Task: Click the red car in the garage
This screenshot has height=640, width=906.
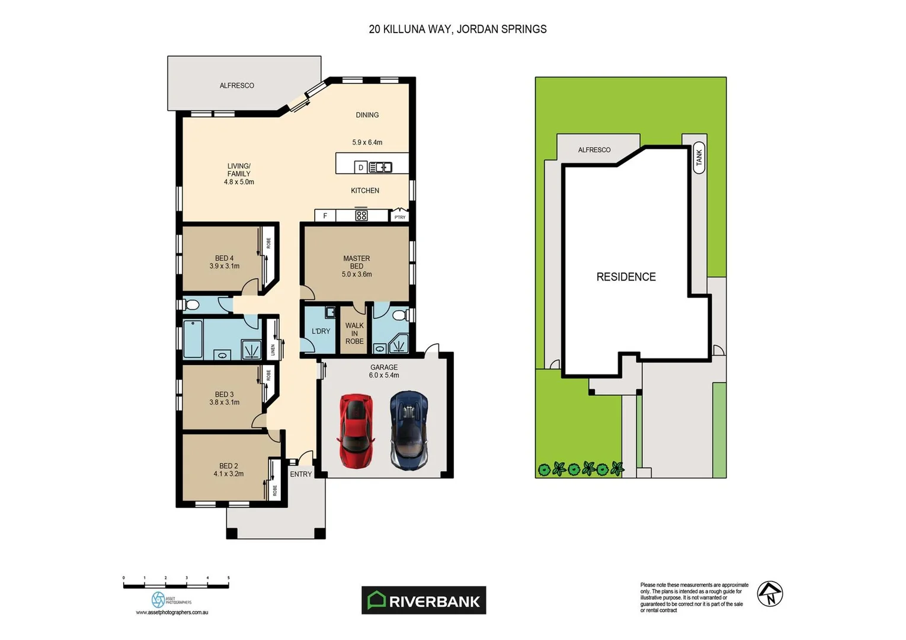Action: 356,431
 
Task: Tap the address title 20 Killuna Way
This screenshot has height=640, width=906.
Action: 457,29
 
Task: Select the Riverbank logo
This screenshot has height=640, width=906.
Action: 424,600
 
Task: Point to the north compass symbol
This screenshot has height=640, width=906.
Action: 770,594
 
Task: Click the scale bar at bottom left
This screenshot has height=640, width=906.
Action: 176,585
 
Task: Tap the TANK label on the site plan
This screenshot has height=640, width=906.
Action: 699,158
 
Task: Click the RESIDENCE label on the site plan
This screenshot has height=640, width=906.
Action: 626,277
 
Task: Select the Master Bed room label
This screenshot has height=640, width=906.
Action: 357,263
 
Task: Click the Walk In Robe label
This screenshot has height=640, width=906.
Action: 354,333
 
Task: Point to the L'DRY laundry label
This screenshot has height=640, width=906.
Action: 321,331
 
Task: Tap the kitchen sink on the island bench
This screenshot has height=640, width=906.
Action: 380,168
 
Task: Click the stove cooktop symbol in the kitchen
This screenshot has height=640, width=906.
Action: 361,216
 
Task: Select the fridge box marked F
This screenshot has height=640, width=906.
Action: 325,216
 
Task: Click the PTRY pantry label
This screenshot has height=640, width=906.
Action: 400,217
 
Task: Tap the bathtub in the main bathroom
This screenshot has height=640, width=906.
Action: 193,340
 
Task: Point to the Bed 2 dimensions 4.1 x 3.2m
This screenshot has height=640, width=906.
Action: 229,474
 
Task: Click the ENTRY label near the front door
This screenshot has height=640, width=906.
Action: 301,474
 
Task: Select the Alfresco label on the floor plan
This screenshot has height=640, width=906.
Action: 237,85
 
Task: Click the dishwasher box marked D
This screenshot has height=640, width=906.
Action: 360,168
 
